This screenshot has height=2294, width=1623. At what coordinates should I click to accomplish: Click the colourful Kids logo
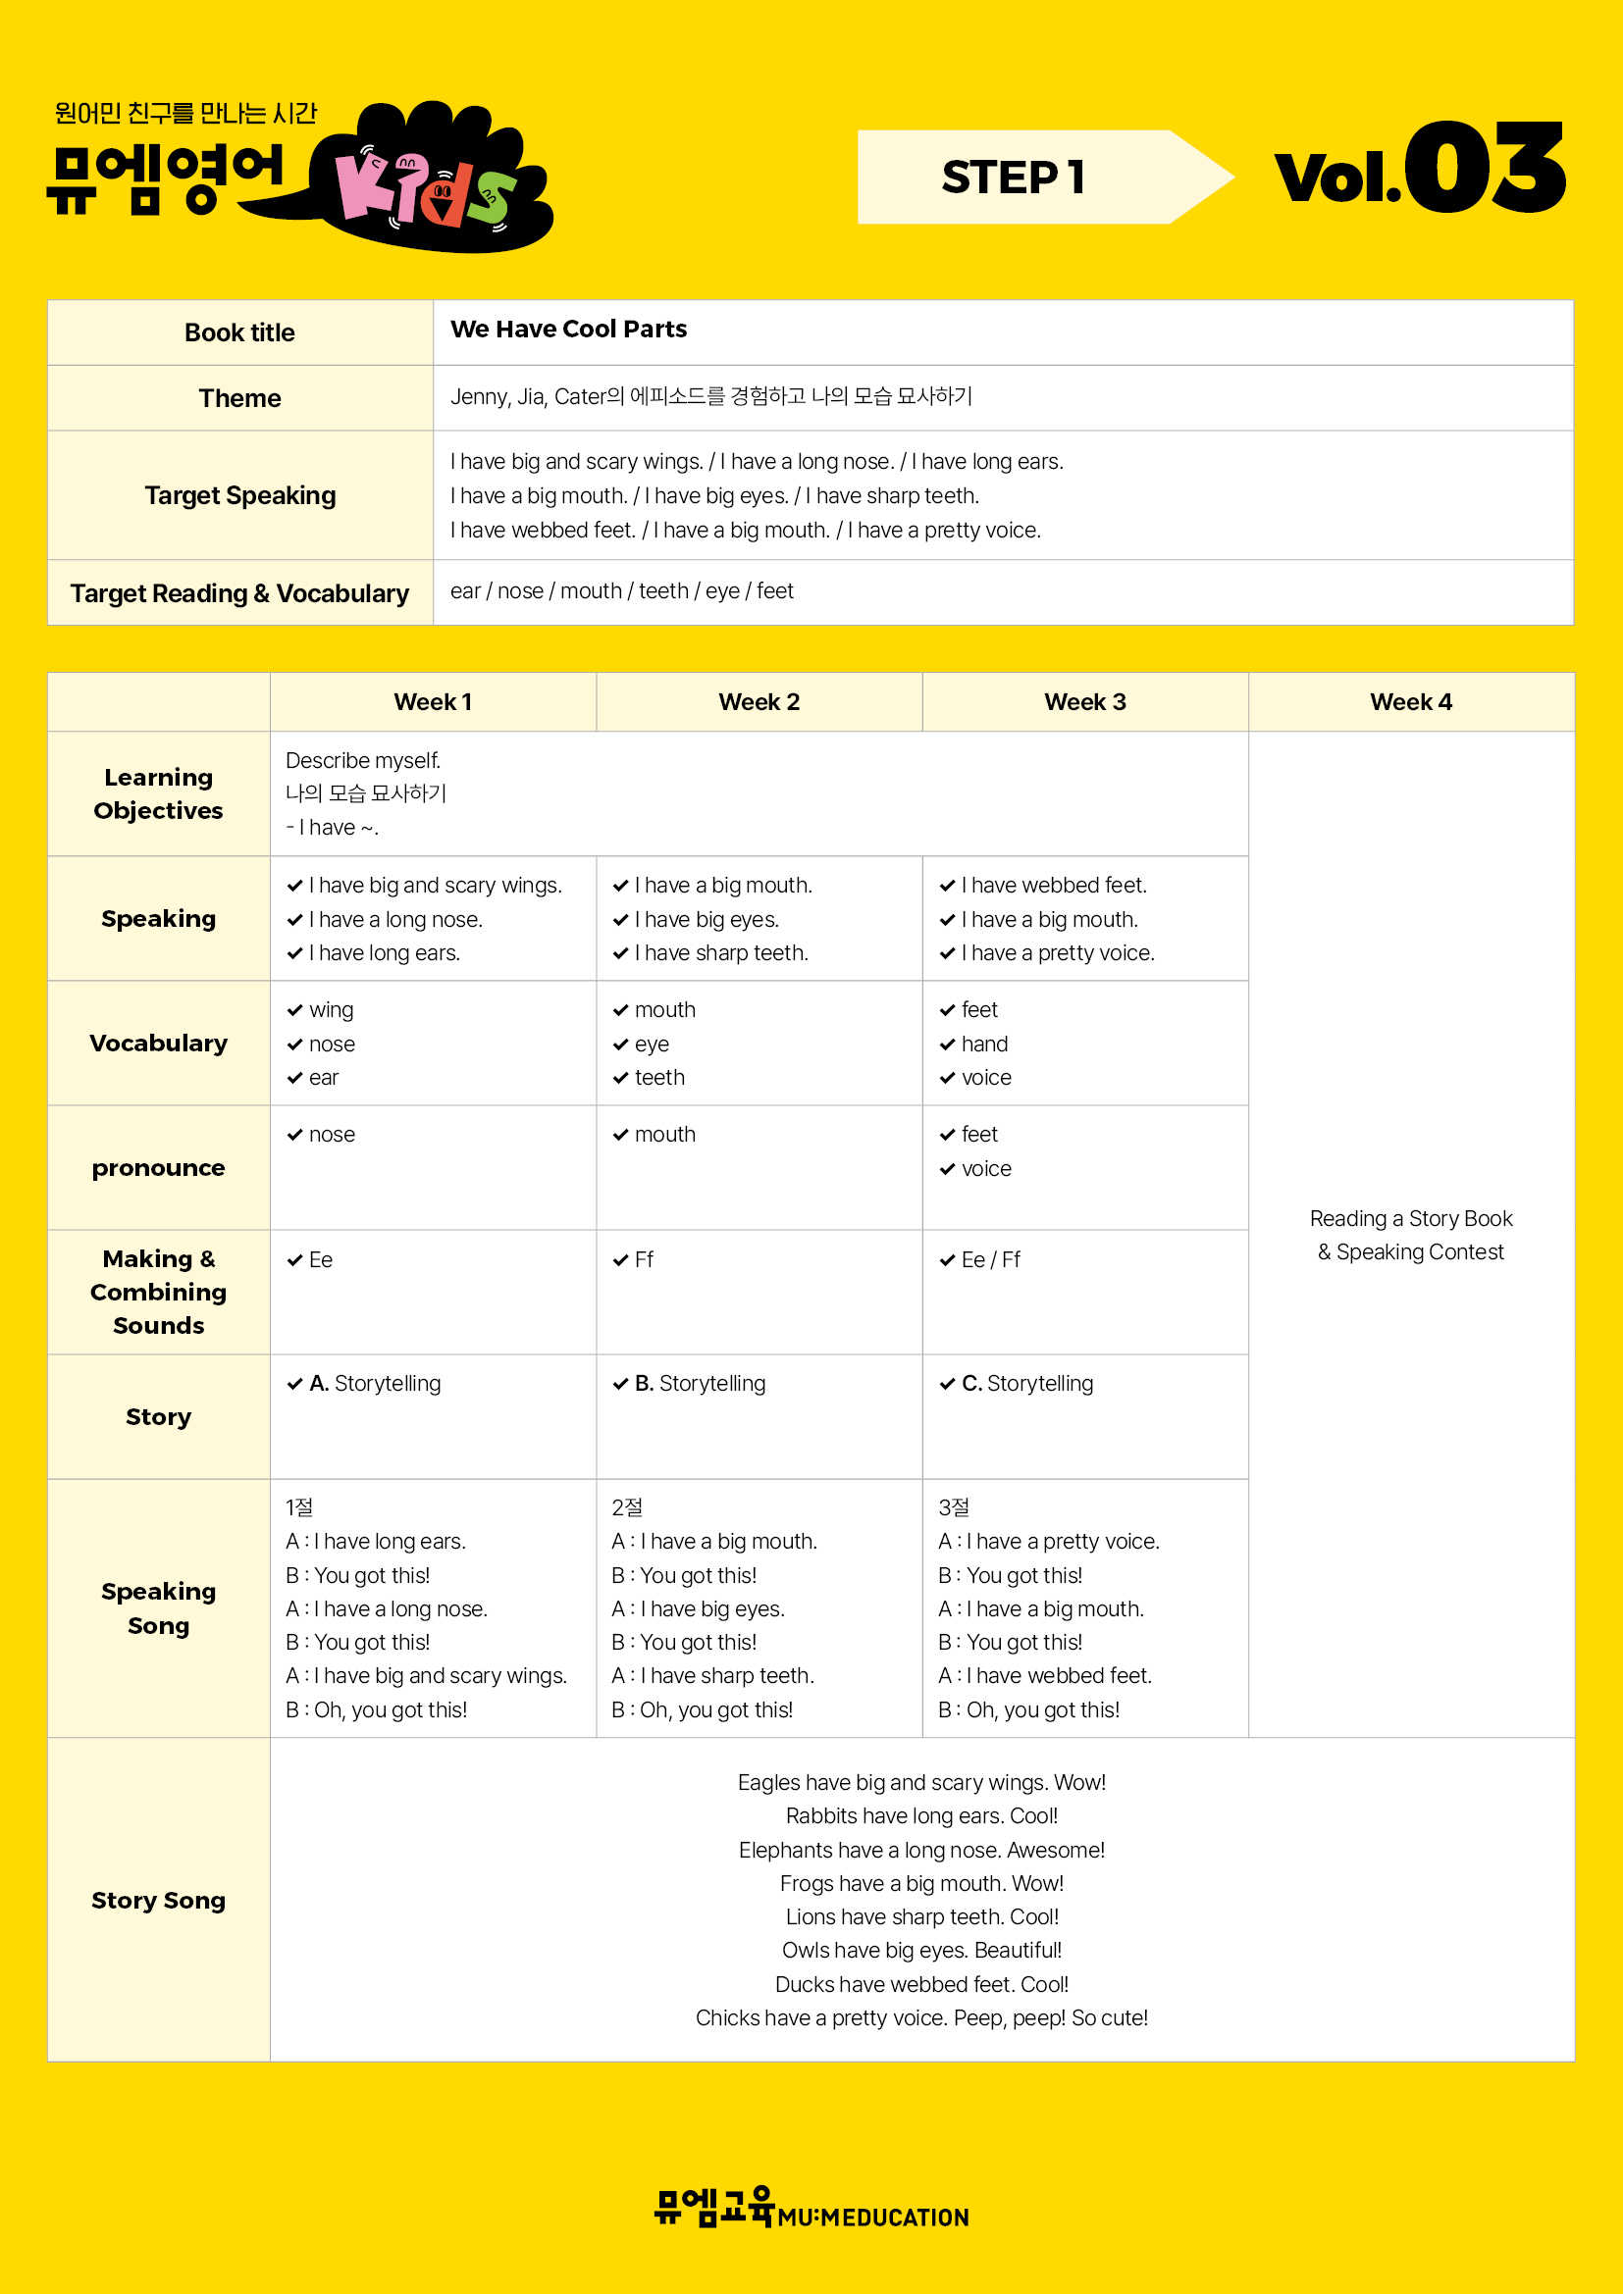click(x=430, y=179)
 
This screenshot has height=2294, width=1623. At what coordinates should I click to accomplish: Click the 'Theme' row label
click(x=239, y=397)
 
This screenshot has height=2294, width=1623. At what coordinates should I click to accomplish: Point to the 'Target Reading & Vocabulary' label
click(x=239, y=593)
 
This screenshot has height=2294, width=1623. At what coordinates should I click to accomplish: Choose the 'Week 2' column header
click(x=759, y=701)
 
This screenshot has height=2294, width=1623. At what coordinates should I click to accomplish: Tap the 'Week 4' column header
click(x=1410, y=701)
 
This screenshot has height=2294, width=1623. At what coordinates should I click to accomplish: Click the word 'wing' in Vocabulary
click(x=331, y=1010)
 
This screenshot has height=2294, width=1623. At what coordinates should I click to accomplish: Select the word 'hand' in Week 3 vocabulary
click(x=984, y=1045)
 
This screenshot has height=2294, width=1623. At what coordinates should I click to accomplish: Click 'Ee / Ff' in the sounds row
click(x=990, y=1260)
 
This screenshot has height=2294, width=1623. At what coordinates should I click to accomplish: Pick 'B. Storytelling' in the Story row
click(x=700, y=1384)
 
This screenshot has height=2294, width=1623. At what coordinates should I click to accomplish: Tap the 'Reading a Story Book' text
click(x=1410, y=1219)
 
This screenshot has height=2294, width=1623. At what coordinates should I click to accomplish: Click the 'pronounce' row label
click(x=158, y=1168)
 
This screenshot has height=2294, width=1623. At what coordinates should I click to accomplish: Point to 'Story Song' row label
click(x=158, y=1901)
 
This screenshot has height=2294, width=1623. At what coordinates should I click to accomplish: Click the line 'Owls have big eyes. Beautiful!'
click(x=921, y=1951)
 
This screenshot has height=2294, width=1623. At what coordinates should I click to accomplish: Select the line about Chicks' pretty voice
click(x=921, y=2018)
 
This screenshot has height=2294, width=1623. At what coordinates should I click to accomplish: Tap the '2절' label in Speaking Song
click(x=627, y=1507)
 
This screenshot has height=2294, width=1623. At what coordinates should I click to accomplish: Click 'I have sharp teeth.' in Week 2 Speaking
click(x=720, y=953)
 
